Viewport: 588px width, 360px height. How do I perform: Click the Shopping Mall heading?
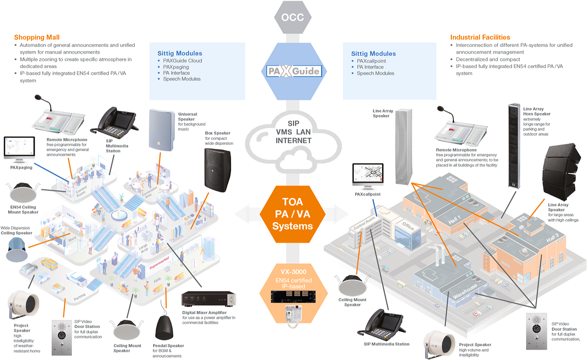[37, 38]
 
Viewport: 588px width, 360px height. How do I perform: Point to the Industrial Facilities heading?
[480, 38]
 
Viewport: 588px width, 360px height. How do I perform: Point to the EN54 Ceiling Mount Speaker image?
[24, 192]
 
